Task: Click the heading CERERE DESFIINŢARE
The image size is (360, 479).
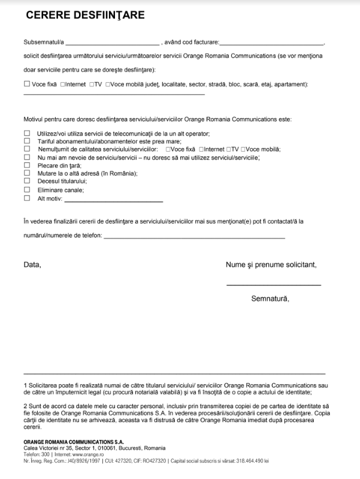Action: [x=84, y=16]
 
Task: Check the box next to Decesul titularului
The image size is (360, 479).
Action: [x=26, y=181]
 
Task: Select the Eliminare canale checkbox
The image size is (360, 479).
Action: [x=26, y=189]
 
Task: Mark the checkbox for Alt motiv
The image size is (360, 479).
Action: [x=26, y=198]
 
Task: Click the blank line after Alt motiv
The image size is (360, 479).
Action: [x=113, y=200]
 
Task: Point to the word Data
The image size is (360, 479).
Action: [x=32, y=264]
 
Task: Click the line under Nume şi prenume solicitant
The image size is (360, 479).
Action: [x=273, y=284]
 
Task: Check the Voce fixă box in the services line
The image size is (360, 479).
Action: [x=26, y=85]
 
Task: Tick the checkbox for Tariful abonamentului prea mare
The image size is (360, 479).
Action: [x=26, y=140]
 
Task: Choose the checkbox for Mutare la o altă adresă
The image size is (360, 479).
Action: [x=26, y=173]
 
